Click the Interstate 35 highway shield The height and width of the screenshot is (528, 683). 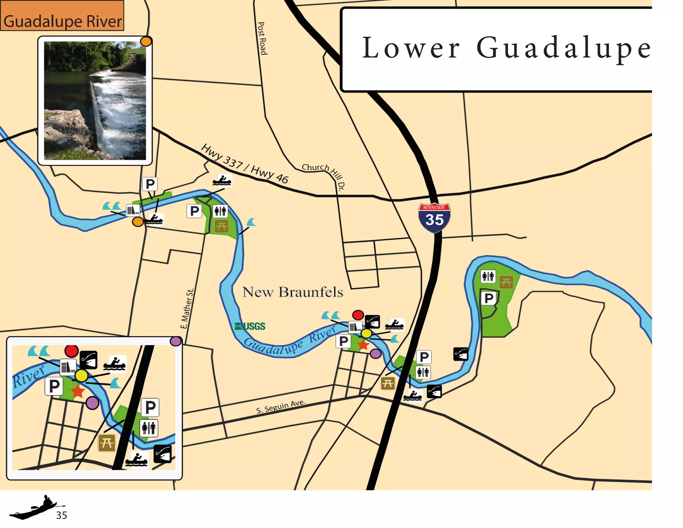coord(434,218)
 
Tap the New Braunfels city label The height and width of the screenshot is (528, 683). coord(292,292)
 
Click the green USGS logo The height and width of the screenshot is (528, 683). coord(250,326)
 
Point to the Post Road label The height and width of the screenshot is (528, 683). coord(262,38)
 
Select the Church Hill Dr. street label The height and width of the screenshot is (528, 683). coord(322,175)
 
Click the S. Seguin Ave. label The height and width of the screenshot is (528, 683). coord(280,406)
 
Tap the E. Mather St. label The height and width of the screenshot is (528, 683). coord(187,309)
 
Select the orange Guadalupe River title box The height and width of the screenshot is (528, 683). coord(62,16)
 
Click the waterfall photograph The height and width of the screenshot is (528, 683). coord(95,100)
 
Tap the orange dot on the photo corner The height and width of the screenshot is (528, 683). coord(146,41)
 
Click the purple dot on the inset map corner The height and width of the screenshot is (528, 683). coord(176,341)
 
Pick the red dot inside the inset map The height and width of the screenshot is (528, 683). coord(71,351)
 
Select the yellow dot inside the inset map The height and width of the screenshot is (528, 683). coord(81,376)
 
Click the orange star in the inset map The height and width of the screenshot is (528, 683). coord(78,391)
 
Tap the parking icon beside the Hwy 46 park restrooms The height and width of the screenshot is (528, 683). coord(194,211)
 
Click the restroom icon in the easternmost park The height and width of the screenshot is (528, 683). coord(488,276)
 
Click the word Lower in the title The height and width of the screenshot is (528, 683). coord(411,48)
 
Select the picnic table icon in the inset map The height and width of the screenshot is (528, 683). coord(107,443)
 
